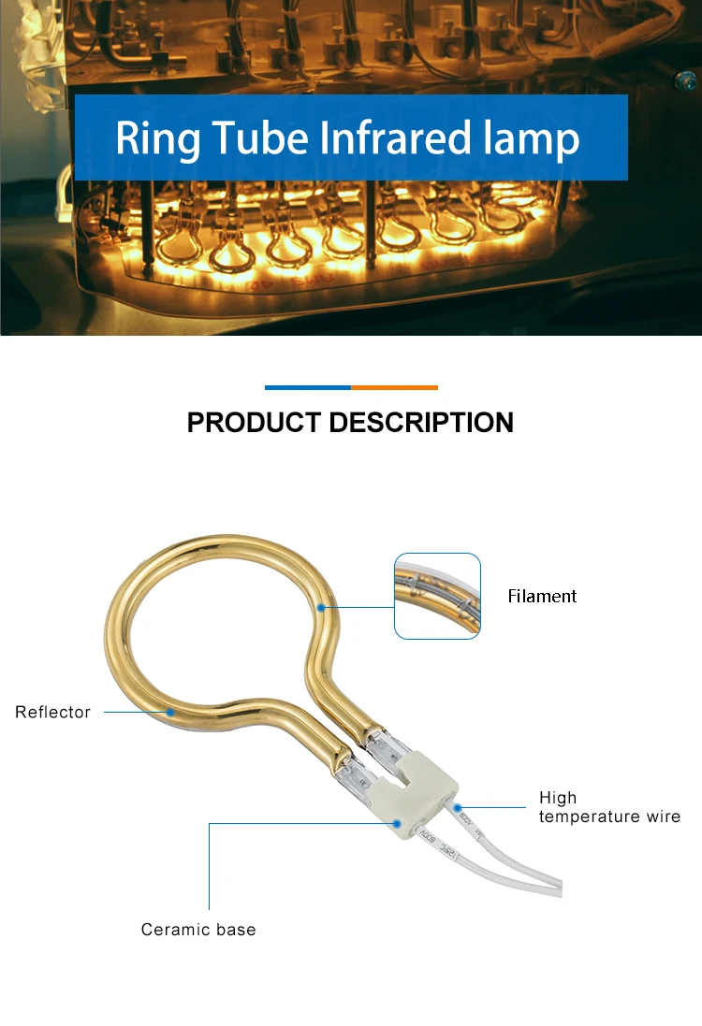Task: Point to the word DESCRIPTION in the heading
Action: pyautogui.click(x=420, y=423)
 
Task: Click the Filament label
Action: pyautogui.click(x=542, y=596)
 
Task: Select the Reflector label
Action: pyautogui.click(x=52, y=712)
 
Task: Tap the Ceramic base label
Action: pyautogui.click(x=197, y=929)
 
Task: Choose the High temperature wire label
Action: pyautogui.click(x=609, y=807)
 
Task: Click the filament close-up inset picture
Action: pyautogui.click(x=437, y=596)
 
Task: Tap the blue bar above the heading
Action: pyautogui.click(x=308, y=387)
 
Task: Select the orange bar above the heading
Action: pyautogui.click(x=394, y=387)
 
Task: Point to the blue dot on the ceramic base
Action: pyautogui.click(x=397, y=824)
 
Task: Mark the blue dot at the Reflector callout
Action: pyautogui.click(x=170, y=712)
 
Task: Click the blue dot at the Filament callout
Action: pyautogui.click(x=321, y=607)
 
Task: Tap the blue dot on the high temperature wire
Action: pyautogui.click(x=458, y=806)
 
